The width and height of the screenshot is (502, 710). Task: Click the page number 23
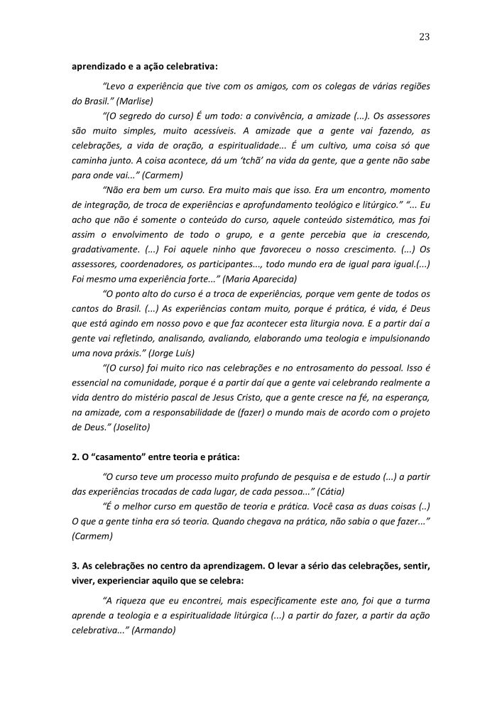tap(425, 36)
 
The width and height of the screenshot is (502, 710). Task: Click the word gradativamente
tap(106, 249)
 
